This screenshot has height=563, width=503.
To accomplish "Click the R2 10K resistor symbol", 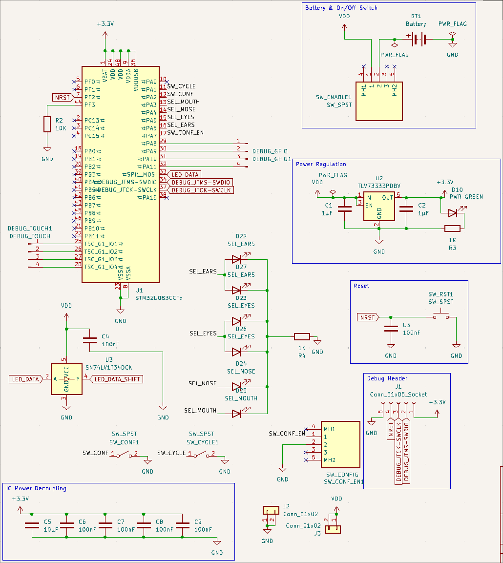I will point(47,124).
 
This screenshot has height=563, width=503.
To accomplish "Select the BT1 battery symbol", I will point(417,39).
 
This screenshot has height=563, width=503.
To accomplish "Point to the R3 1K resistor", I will point(452,228).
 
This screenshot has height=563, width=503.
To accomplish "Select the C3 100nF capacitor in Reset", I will point(390,329).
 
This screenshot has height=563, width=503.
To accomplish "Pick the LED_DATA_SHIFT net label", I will point(117,379).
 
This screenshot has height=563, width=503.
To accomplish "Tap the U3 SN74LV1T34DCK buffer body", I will point(66,379).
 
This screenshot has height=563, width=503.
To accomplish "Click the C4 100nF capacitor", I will point(90,340).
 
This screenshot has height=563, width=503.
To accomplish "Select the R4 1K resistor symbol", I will point(302,336).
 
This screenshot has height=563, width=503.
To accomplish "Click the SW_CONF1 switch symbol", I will point(124,454).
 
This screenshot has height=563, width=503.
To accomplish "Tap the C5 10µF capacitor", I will point(32,525).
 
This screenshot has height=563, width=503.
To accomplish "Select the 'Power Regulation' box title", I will point(321,164).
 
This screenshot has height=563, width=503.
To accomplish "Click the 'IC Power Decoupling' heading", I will point(36,488).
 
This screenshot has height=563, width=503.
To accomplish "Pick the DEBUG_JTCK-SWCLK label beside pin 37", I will point(201,190).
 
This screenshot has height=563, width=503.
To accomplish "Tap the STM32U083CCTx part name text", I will point(158,297).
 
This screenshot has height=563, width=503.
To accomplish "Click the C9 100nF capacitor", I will point(183,525).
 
